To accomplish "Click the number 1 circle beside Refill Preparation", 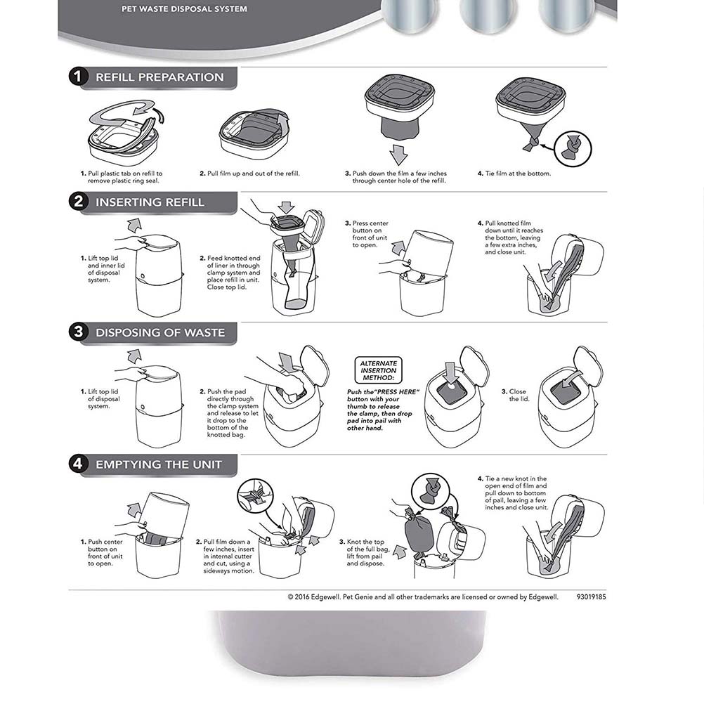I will click(x=79, y=77).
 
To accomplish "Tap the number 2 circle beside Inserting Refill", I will click(x=79, y=202).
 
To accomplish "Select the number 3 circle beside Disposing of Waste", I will click(x=79, y=332).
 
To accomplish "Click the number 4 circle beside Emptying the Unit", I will click(x=79, y=464).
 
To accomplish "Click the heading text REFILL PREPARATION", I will click(x=159, y=77).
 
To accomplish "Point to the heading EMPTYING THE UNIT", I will click(x=159, y=464).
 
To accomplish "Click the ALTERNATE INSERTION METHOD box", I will click(x=379, y=370).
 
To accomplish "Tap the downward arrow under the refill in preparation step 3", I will click(x=399, y=154).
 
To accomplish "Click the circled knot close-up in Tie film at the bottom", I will click(x=573, y=148).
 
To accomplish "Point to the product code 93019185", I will click(x=591, y=597).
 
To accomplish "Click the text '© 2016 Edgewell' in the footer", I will click(x=313, y=597).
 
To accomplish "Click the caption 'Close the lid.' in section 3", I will click(x=517, y=395).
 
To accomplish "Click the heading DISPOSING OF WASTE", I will click(x=160, y=332).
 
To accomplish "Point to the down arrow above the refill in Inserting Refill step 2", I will click(x=287, y=208).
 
